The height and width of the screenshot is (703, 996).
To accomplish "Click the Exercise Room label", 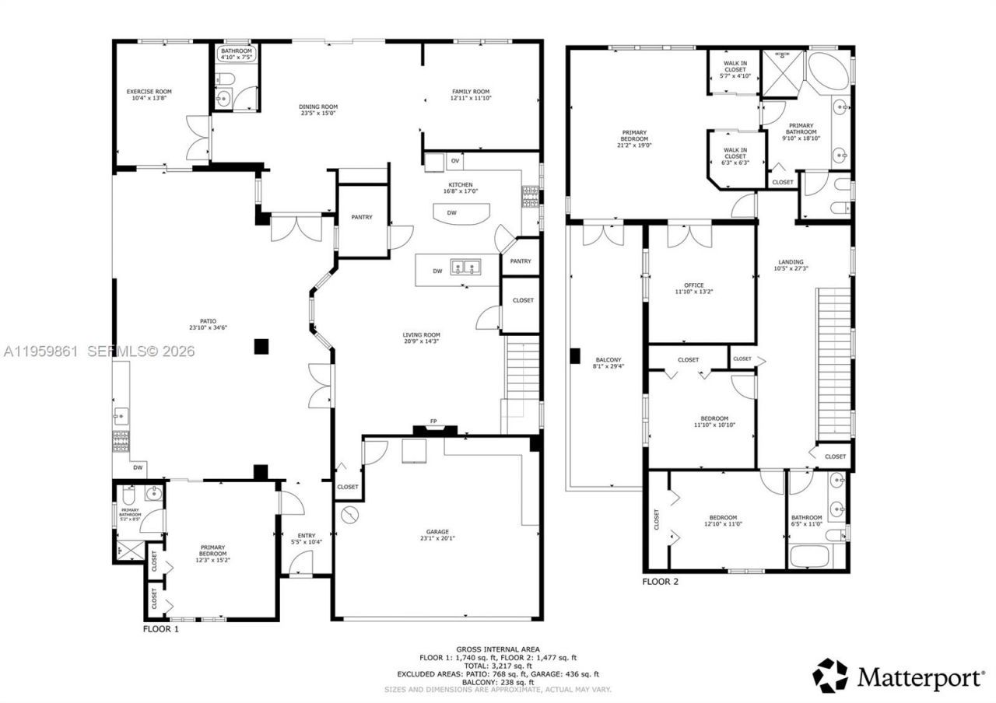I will [149, 92].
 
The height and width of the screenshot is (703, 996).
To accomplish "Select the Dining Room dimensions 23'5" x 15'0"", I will [318, 114].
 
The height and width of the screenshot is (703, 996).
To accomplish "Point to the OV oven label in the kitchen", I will [455, 161].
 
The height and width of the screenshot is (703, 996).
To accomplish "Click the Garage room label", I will [437, 530].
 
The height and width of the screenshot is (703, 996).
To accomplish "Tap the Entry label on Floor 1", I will [307, 535].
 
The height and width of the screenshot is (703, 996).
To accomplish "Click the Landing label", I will [790, 262].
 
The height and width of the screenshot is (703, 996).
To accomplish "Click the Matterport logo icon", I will [829, 676].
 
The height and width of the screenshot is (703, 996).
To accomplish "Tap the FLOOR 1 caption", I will [161, 629].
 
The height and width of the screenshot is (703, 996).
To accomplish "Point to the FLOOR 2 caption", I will [661, 581].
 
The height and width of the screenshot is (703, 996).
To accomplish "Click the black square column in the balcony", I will [575, 355].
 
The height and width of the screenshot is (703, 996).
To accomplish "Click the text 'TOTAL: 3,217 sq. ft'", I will [499, 666].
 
